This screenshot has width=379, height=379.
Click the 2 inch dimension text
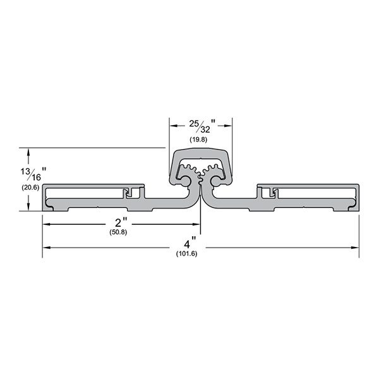click(122, 224)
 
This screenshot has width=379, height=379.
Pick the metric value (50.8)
click(121, 232)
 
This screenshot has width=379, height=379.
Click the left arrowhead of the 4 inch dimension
click(46, 247)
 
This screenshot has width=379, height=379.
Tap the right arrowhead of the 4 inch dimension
click(356, 247)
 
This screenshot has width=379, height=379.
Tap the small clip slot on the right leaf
click(270, 191)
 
